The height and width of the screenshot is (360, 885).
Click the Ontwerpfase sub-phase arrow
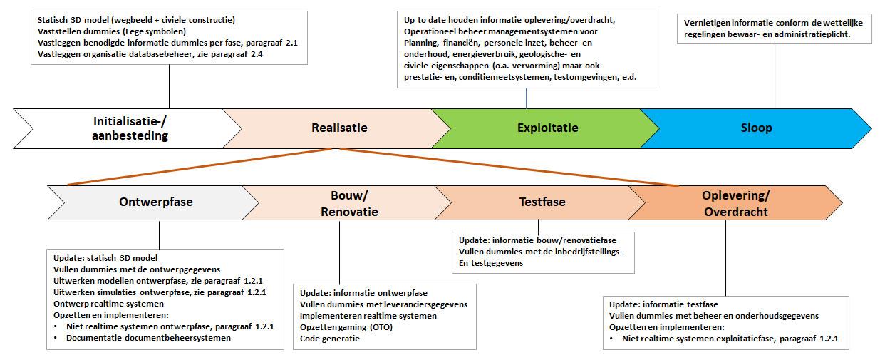click(155, 202)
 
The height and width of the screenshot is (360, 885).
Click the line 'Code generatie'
click(330, 339)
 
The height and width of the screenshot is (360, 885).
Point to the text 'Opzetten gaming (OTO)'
click(346, 327)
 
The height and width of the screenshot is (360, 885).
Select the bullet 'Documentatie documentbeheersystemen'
click(148, 338)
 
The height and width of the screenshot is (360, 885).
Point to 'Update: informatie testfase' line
click(664, 304)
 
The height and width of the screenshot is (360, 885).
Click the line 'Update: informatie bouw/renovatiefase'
click(538, 240)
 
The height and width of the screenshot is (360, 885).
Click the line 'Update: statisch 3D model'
click(105, 258)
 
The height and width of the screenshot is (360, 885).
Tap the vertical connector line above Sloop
click(775, 78)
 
